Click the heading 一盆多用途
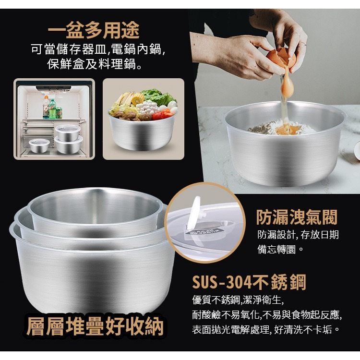click(x=94, y=30)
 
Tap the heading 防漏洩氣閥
click(x=297, y=217)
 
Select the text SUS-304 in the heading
click(x=222, y=282)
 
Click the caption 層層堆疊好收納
click(x=95, y=326)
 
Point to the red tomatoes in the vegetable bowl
click(x=162, y=115)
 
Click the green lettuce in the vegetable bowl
click(x=159, y=96)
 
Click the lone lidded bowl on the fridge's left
click(x=39, y=145)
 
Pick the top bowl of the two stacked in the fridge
click(x=68, y=132)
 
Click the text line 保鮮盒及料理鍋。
click(x=95, y=63)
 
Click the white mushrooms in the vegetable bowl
click(x=147, y=107)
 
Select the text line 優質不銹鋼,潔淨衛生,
click(x=238, y=300)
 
